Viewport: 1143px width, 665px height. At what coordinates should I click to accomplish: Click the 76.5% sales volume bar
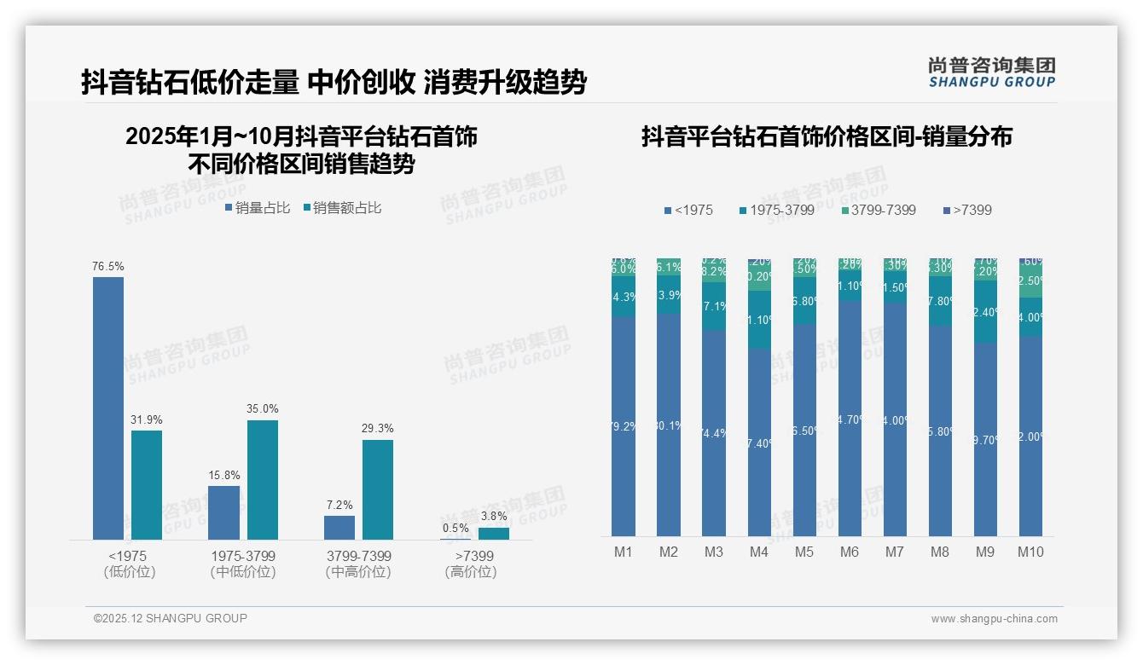coord(108,408)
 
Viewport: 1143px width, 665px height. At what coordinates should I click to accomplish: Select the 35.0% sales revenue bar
coord(262,479)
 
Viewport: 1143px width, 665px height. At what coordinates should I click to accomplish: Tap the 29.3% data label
coord(377,429)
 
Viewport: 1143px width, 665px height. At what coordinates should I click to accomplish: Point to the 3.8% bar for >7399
coord(493,533)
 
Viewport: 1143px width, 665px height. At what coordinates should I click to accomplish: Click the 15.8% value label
coord(223,475)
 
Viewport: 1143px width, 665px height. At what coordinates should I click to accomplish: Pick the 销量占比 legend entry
coord(258,208)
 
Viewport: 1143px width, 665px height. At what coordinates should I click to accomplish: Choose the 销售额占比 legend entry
coord(342,208)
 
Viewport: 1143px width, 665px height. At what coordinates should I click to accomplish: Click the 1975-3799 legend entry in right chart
coord(776,210)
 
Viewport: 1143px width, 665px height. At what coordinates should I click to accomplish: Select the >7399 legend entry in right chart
coord(967,210)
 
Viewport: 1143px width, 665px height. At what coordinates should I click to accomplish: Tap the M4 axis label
coord(759,552)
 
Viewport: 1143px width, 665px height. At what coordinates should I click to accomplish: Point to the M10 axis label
coord(1030,552)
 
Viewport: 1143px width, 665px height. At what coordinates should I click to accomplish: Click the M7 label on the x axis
coord(894,552)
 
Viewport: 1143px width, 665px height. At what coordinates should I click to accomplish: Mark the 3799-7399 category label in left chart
coord(358,556)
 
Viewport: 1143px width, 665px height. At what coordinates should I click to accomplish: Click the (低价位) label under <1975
coord(129,572)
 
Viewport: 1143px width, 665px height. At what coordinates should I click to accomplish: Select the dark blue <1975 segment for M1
coord(624,426)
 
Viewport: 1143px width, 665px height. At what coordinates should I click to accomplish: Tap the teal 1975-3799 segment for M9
coord(985,312)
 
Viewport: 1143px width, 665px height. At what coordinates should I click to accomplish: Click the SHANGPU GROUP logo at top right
coord(991,72)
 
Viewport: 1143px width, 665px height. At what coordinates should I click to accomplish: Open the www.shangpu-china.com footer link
coord(994,619)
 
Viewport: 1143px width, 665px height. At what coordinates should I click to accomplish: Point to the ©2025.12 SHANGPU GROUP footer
coord(171,618)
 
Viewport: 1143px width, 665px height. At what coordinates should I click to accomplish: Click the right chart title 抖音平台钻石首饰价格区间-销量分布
coord(827,136)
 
